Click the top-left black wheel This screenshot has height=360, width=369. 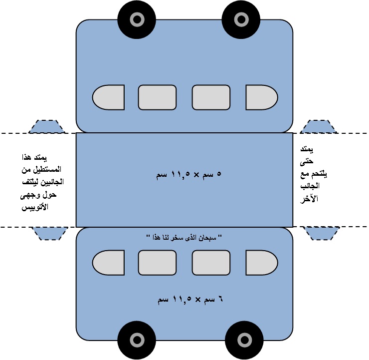tap(137, 19)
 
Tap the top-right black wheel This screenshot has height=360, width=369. tap(241, 19)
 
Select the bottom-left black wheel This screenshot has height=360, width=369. tap(137, 340)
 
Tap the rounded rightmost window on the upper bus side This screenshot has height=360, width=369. tap(260, 97)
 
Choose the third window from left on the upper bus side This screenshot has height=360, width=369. tap(211, 97)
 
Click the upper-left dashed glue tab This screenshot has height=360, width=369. tap(47, 127)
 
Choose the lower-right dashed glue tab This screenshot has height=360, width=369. tap(321, 233)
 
